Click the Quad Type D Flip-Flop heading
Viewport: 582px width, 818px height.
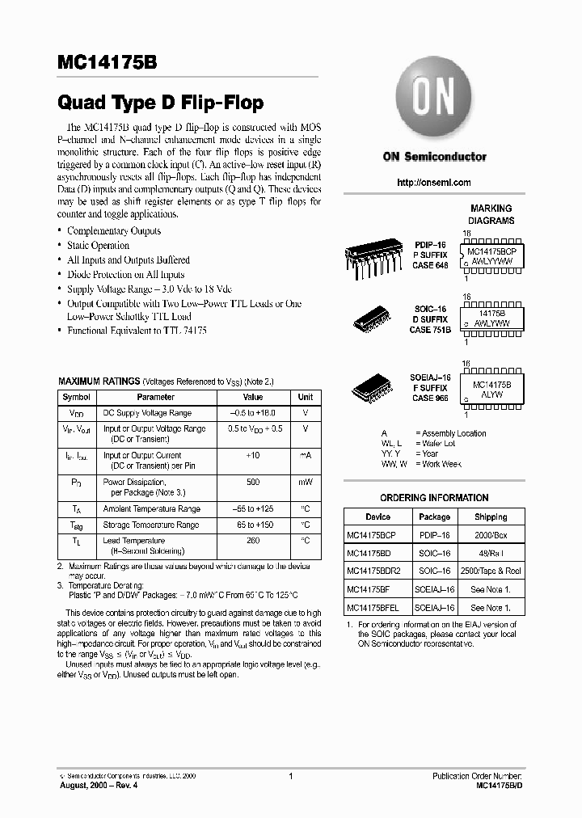click(x=160, y=103)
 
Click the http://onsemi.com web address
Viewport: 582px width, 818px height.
click(x=434, y=183)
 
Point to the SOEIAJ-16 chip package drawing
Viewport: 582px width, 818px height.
click(x=373, y=388)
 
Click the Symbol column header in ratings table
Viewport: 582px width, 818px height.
click(x=77, y=397)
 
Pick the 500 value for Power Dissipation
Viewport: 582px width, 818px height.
click(x=253, y=481)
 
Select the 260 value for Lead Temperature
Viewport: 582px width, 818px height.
click(x=253, y=540)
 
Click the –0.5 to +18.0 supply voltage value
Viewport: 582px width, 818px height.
click(x=253, y=413)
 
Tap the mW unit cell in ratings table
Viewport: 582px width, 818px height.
click(x=306, y=481)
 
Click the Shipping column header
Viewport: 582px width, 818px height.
click(x=491, y=517)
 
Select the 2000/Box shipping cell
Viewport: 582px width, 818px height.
click(x=491, y=534)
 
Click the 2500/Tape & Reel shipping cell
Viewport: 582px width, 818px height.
click(x=491, y=571)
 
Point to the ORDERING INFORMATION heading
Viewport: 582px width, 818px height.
click(x=434, y=498)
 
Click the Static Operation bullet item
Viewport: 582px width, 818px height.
click(x=98, y=246)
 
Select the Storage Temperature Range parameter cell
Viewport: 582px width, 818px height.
click(x=151, y=525)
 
